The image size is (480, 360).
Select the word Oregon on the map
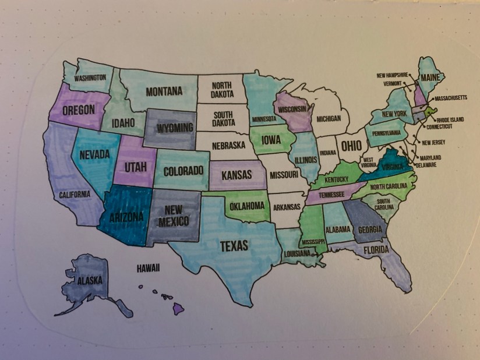79,110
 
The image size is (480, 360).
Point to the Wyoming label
175,127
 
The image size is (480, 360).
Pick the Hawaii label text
148,269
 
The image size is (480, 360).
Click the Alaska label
90,281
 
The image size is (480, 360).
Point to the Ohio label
351,144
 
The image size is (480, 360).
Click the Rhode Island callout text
450,120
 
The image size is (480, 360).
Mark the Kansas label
237,175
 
